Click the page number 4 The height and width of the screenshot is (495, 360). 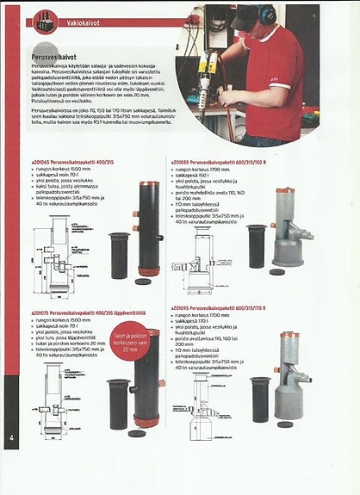(11, 437)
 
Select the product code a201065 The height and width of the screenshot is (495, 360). (42, 161)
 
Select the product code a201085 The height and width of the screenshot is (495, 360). (183, 161)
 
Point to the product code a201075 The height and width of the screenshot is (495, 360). (42, 311)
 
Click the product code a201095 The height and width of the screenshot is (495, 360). (183, 307)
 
